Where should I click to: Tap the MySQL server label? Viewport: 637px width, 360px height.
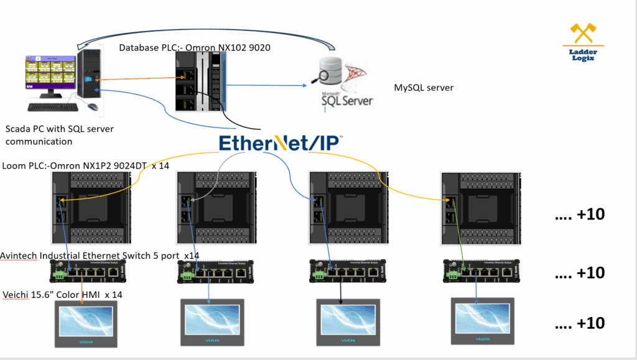pyautogui.click(x=424, y=88)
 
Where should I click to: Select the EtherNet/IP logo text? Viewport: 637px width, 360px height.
pyautogui.click(x=281, y=142)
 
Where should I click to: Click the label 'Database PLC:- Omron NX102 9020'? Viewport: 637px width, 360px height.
pyautogui.click(x=195, y=48)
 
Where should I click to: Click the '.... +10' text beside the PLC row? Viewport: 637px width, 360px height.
pyautogui.click(x=579, y=215)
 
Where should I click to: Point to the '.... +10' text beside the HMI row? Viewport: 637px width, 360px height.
pyautogui.click(x=579, y=323)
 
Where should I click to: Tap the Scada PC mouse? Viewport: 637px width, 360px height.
pyautogui.click(x=93, y=106)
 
